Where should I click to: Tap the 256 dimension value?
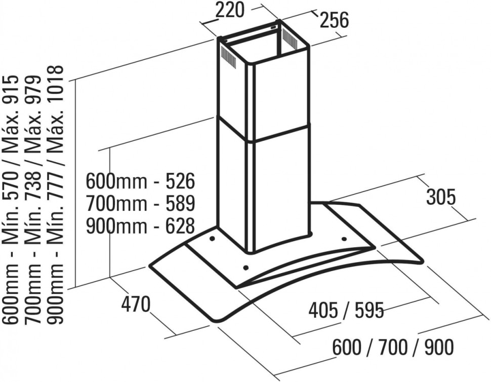[334, 20]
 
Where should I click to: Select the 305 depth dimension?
[440, 198]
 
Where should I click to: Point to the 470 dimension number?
[136, 304]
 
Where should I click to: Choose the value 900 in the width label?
[439, 347]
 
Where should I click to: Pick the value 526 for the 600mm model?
[180, 181]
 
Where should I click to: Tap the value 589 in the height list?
[180, 203]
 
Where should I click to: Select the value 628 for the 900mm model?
[180, 226]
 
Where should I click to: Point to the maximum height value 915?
[11, 89]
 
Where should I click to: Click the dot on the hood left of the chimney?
[212, 239]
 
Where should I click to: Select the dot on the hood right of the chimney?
[344, 240]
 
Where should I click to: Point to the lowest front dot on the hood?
[246, 268]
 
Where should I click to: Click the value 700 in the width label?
[393, 347]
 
